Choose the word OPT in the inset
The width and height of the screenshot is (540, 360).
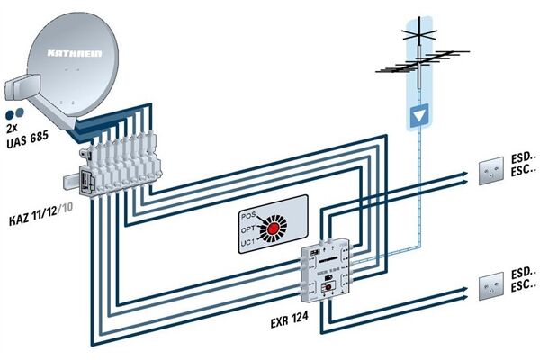coord(248,229)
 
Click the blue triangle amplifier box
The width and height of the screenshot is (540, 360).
coord(418,116)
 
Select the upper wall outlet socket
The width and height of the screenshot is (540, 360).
coord(491,171)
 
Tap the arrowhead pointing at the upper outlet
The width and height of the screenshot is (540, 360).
coord(465,172)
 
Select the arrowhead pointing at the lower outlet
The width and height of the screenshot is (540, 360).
coord(465,289)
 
